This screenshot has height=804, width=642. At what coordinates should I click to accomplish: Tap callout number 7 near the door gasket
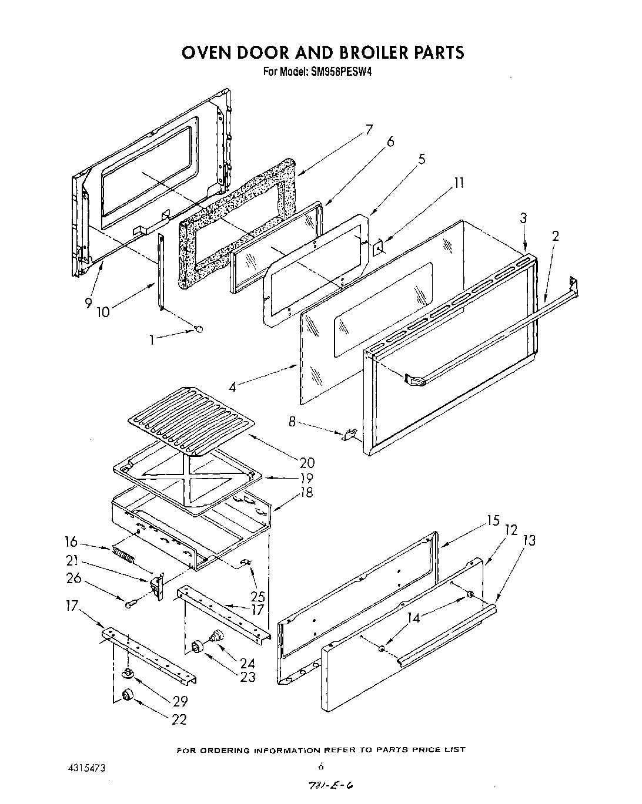pyautogui.click(x=369, y=130)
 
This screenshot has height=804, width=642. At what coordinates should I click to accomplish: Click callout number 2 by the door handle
pyautogui.click(x=555, y=236)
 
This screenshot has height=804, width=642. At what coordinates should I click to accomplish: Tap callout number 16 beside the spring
pyautogui.click(x=71, y=541)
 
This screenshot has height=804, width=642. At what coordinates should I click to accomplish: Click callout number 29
pyautogui.click(x=180, y=701)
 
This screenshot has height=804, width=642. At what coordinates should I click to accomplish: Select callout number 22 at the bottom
pyautogui.click(x=179, y=719)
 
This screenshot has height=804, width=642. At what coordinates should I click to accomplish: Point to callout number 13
pyautogui.click(x=529, y=540)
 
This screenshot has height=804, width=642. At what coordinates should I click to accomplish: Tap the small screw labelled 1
pyautogui.click(x=199, y=330)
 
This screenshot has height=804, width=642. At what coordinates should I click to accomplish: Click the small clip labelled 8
pyautogui.click(x=350, y=435)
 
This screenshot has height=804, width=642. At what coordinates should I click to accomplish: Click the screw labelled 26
pyautogui.click(x=130, y=603)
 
